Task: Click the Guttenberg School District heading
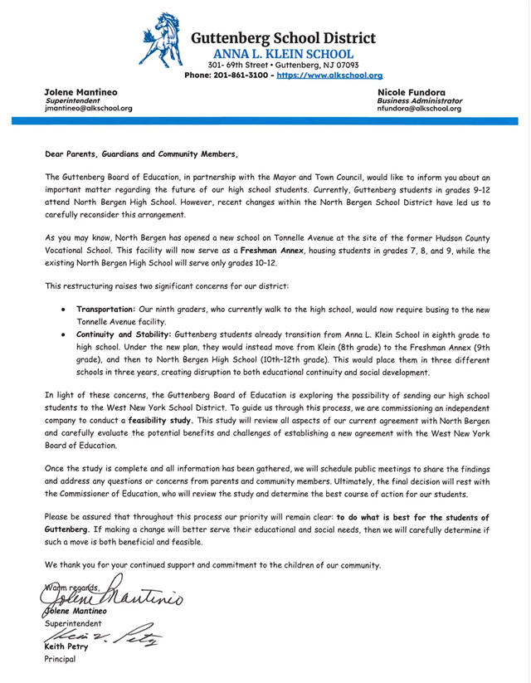pos(282,38)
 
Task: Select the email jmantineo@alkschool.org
pos(87,108)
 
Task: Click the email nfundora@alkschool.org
pos(419,108)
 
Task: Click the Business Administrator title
pos(420,100)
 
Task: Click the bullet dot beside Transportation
pos(65,309)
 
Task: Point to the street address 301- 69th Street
pos(233,64)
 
